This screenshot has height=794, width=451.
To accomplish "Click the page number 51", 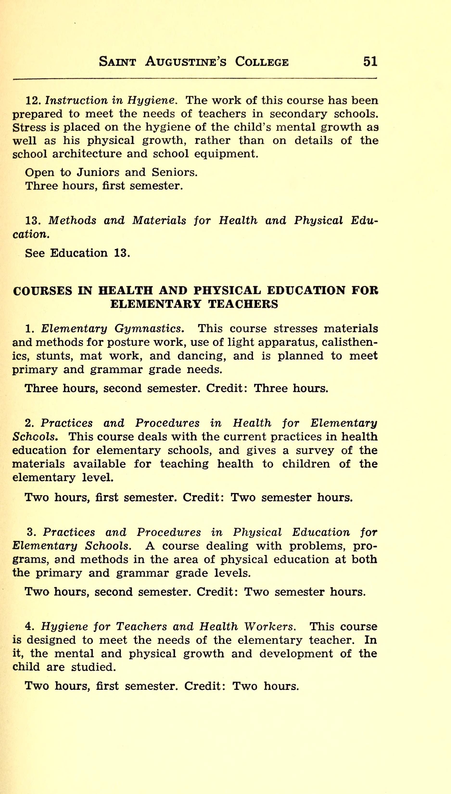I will click(370, 61).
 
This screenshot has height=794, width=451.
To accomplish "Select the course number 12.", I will click(33, 100).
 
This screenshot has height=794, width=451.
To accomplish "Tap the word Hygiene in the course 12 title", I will click(152, 101).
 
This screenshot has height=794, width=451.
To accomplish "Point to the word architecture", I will click(87, 154).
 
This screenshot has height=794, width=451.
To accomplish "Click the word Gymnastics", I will click(149, 328).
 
